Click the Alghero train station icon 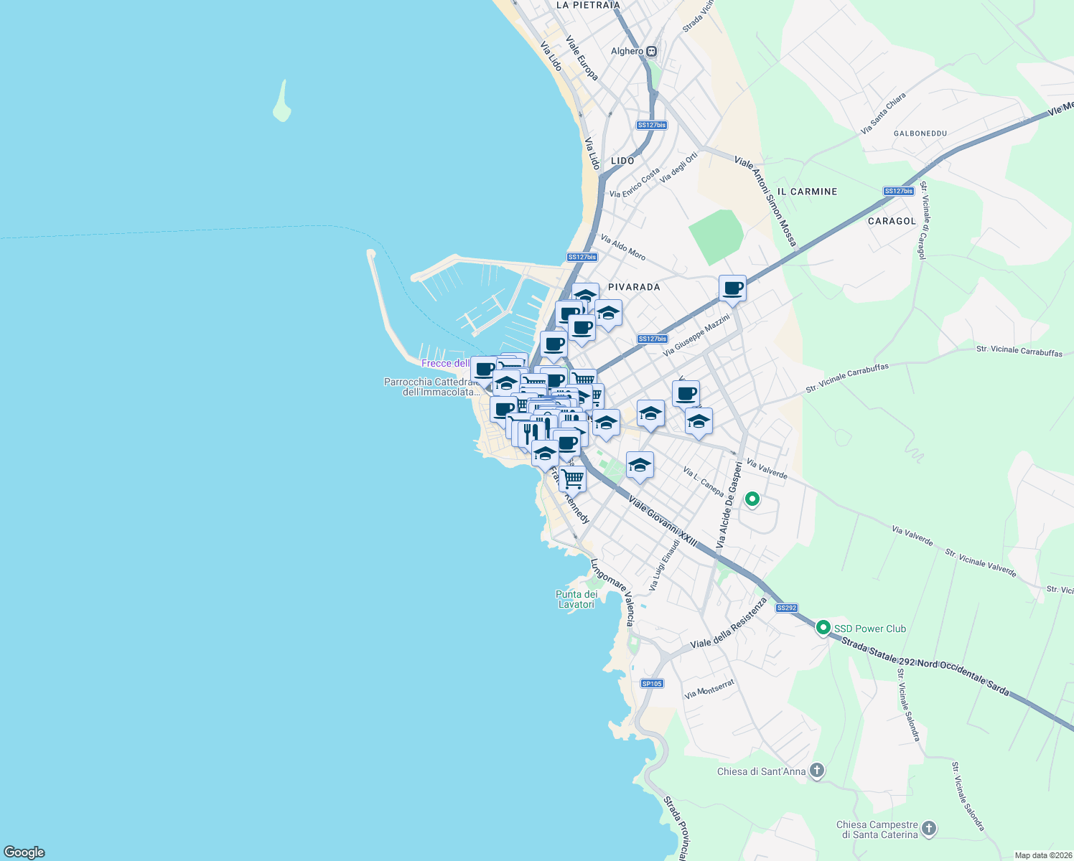pyautogui.click(x=651, y=51)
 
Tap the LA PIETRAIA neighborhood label pyautogui.click(x=587, y=5)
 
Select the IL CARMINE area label pyautogui.click(x=808, y=192)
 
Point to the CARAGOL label pyautogui.click(x=892, y=221)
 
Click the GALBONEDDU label pyautogui.click(x=920, y=133)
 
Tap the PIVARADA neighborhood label pyautogui.click(x=634, y=287)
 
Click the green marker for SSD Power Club pyautogui.click(x=823, y=628)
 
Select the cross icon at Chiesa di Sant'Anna pyautogui.click(x=816, y=771)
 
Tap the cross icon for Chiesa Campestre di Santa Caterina pyautogui.click(x=929, y=829)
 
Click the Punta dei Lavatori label pyautogui.click(x=576, y=599)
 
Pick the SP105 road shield pyautogui.click(x=652, y=684)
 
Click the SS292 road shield pyautogui.click(x=787, y=608)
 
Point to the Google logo pyautogui.click(x=24, y=852)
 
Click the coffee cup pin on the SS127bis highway pyautogui.click(x=732, y=288)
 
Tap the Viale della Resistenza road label pyautogui.click(x=729, y=624)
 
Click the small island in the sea pyautogui.click(x=283, y=103)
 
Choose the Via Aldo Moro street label pyautogui.click(x=622, y=248)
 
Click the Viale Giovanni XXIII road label pyautogui.click(x=663, y=522)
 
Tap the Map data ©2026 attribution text pyautogui.click(x=1042, y=855)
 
